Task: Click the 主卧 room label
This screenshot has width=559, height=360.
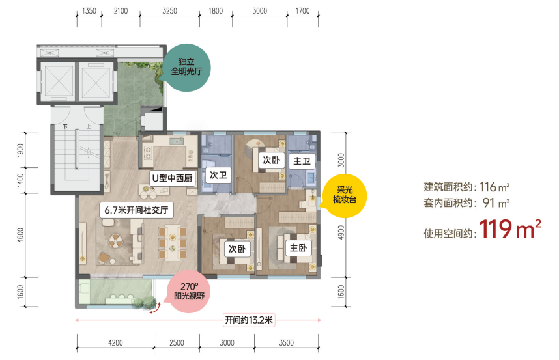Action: (298, 248)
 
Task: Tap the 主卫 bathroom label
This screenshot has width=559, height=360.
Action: (302, 161)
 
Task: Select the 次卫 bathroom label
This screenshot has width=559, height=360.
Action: (218, 175)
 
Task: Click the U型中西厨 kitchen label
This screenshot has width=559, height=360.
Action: (173, 178)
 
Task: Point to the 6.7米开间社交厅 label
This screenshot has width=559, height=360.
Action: (137, 210)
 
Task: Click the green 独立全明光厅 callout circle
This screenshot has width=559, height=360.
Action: (186, 67)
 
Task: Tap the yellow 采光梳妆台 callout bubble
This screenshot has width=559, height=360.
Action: (345, 195)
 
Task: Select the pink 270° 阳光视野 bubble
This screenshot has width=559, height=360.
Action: (189, 291)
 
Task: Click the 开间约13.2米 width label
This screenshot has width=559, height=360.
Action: (249, 320)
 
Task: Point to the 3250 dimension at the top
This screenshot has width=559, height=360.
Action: (169, 11)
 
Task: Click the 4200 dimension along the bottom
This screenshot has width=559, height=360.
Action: (115, 343)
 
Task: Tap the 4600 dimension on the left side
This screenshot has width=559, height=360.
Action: (20, 236)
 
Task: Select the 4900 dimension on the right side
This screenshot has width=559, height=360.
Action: (341, 232)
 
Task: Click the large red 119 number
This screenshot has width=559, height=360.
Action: (496, 229)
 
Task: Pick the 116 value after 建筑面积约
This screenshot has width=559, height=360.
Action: (488, 187)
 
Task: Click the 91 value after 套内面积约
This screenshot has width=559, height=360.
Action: (489, 202)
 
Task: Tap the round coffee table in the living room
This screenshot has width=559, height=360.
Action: (115, 242)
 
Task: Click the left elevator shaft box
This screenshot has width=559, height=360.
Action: (57, 81)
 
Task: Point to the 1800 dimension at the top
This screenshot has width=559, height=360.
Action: (216, 11)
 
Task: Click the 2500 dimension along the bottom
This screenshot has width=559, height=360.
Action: (177, 343)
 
